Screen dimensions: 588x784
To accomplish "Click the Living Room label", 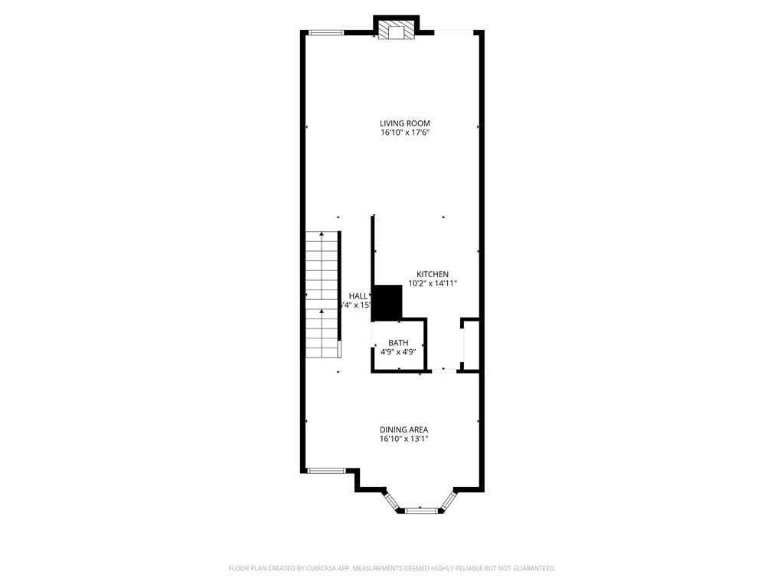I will (405, 123).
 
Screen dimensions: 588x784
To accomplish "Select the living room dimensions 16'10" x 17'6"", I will (405, 132).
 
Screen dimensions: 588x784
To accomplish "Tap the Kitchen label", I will (433, 274).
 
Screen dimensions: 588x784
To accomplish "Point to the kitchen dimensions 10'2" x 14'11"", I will (433, 283).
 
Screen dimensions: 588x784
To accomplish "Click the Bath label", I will (398, 343).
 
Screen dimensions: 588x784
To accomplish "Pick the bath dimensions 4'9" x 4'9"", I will (398, 352).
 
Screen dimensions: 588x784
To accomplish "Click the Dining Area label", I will (404, 430).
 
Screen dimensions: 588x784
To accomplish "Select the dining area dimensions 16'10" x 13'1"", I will (404, 439).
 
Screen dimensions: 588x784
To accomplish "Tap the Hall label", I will (358, 296).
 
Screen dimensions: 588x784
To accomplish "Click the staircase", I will (322, 294).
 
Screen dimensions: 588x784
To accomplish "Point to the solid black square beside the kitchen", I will (387, 302).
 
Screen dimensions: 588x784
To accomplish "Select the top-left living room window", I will (325, 32).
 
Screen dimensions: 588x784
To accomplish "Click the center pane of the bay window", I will (420, 510).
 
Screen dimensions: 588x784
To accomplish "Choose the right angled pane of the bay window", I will (447, 500).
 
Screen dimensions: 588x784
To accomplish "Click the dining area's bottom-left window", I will (325, 470).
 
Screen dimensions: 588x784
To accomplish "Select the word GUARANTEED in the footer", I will (529, 568).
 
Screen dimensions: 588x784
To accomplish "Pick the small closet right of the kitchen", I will (471, 345).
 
